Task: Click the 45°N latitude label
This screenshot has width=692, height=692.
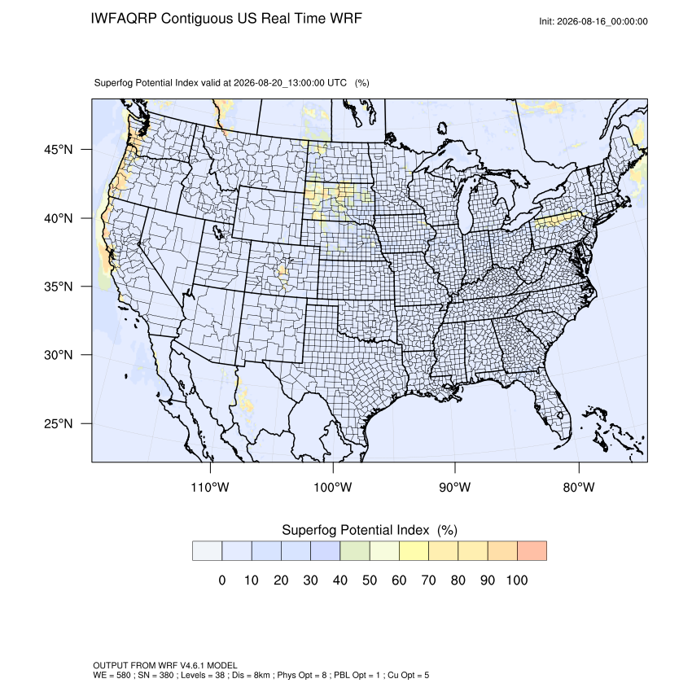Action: pos(59,150)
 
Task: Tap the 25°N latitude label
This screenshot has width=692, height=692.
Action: pos(59,423)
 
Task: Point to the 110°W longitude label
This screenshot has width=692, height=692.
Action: pos(210,487)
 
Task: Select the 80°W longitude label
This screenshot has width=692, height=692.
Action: pos(579,487)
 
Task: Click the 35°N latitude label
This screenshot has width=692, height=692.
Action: pos(59,287)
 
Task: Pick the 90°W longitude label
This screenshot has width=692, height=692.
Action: pos(454,487)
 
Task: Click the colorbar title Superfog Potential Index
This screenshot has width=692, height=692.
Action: pos(355,530)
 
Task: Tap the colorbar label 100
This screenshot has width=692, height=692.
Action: pos(517,580)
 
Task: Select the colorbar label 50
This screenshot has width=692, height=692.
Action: pos(370,580)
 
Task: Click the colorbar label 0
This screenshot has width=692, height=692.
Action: pos(222,580)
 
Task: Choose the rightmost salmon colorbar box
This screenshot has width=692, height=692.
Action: pos(532,551)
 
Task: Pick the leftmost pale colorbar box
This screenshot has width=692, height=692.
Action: pos(207,551)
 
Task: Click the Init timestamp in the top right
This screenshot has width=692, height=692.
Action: pos(593,21)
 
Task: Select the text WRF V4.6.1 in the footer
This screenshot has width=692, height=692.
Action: pos(182,665)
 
